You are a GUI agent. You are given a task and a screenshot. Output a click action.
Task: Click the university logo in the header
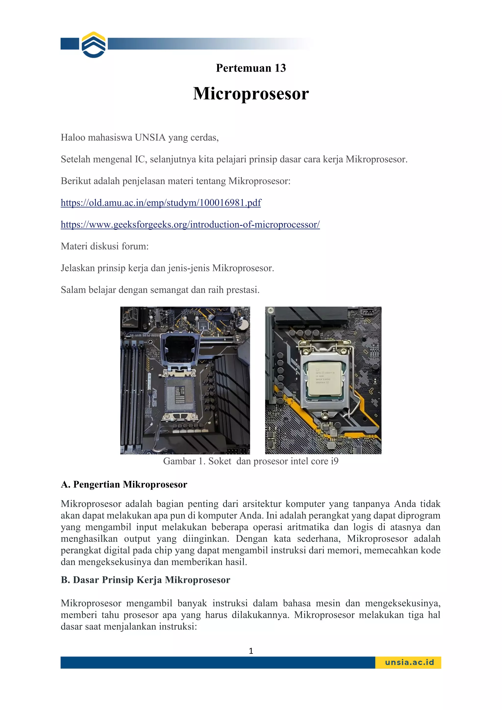[94, 45]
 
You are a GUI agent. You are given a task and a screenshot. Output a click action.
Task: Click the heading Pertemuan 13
[251, 68]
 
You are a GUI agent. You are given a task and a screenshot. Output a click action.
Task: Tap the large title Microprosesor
[251, 93]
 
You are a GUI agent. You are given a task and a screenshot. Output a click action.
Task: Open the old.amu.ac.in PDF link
[161, 203]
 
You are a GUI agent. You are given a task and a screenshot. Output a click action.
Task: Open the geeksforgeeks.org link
[190, 225]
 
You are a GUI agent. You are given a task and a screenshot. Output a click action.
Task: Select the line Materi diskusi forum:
[105, 246]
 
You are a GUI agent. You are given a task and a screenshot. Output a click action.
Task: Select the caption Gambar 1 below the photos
[251, 461]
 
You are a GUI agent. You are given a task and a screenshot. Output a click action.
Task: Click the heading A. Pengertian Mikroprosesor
[124, 484]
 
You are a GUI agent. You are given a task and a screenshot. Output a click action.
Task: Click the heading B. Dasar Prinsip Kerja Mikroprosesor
[145, 580]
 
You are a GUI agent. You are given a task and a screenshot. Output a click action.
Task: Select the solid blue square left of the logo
[70, 44]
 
